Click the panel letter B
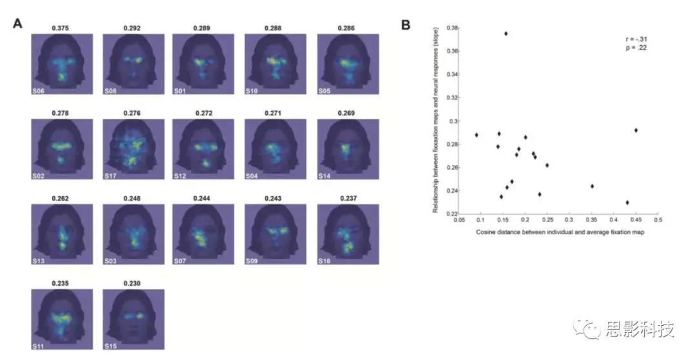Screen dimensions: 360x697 pyautogui.click(x=406, y=25)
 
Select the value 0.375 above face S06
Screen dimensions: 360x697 pyautogui.click(x=62, y=28)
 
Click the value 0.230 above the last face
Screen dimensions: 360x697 pyautogui.click(x=134, y=283)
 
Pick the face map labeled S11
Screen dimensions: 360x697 pyautogui.click(x=62, y=319)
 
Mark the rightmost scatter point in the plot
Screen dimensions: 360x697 pyautogui.click(x=636, y=130)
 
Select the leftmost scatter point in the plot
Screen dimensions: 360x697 pyautogui.click(x=476, y=135)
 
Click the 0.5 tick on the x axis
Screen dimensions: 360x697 pyautogui.click(x=658, y=220)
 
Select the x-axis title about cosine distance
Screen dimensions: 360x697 pyautogui.click(x=558, y=232)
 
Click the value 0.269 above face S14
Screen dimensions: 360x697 pyautogui.click(x=347, y=113)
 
